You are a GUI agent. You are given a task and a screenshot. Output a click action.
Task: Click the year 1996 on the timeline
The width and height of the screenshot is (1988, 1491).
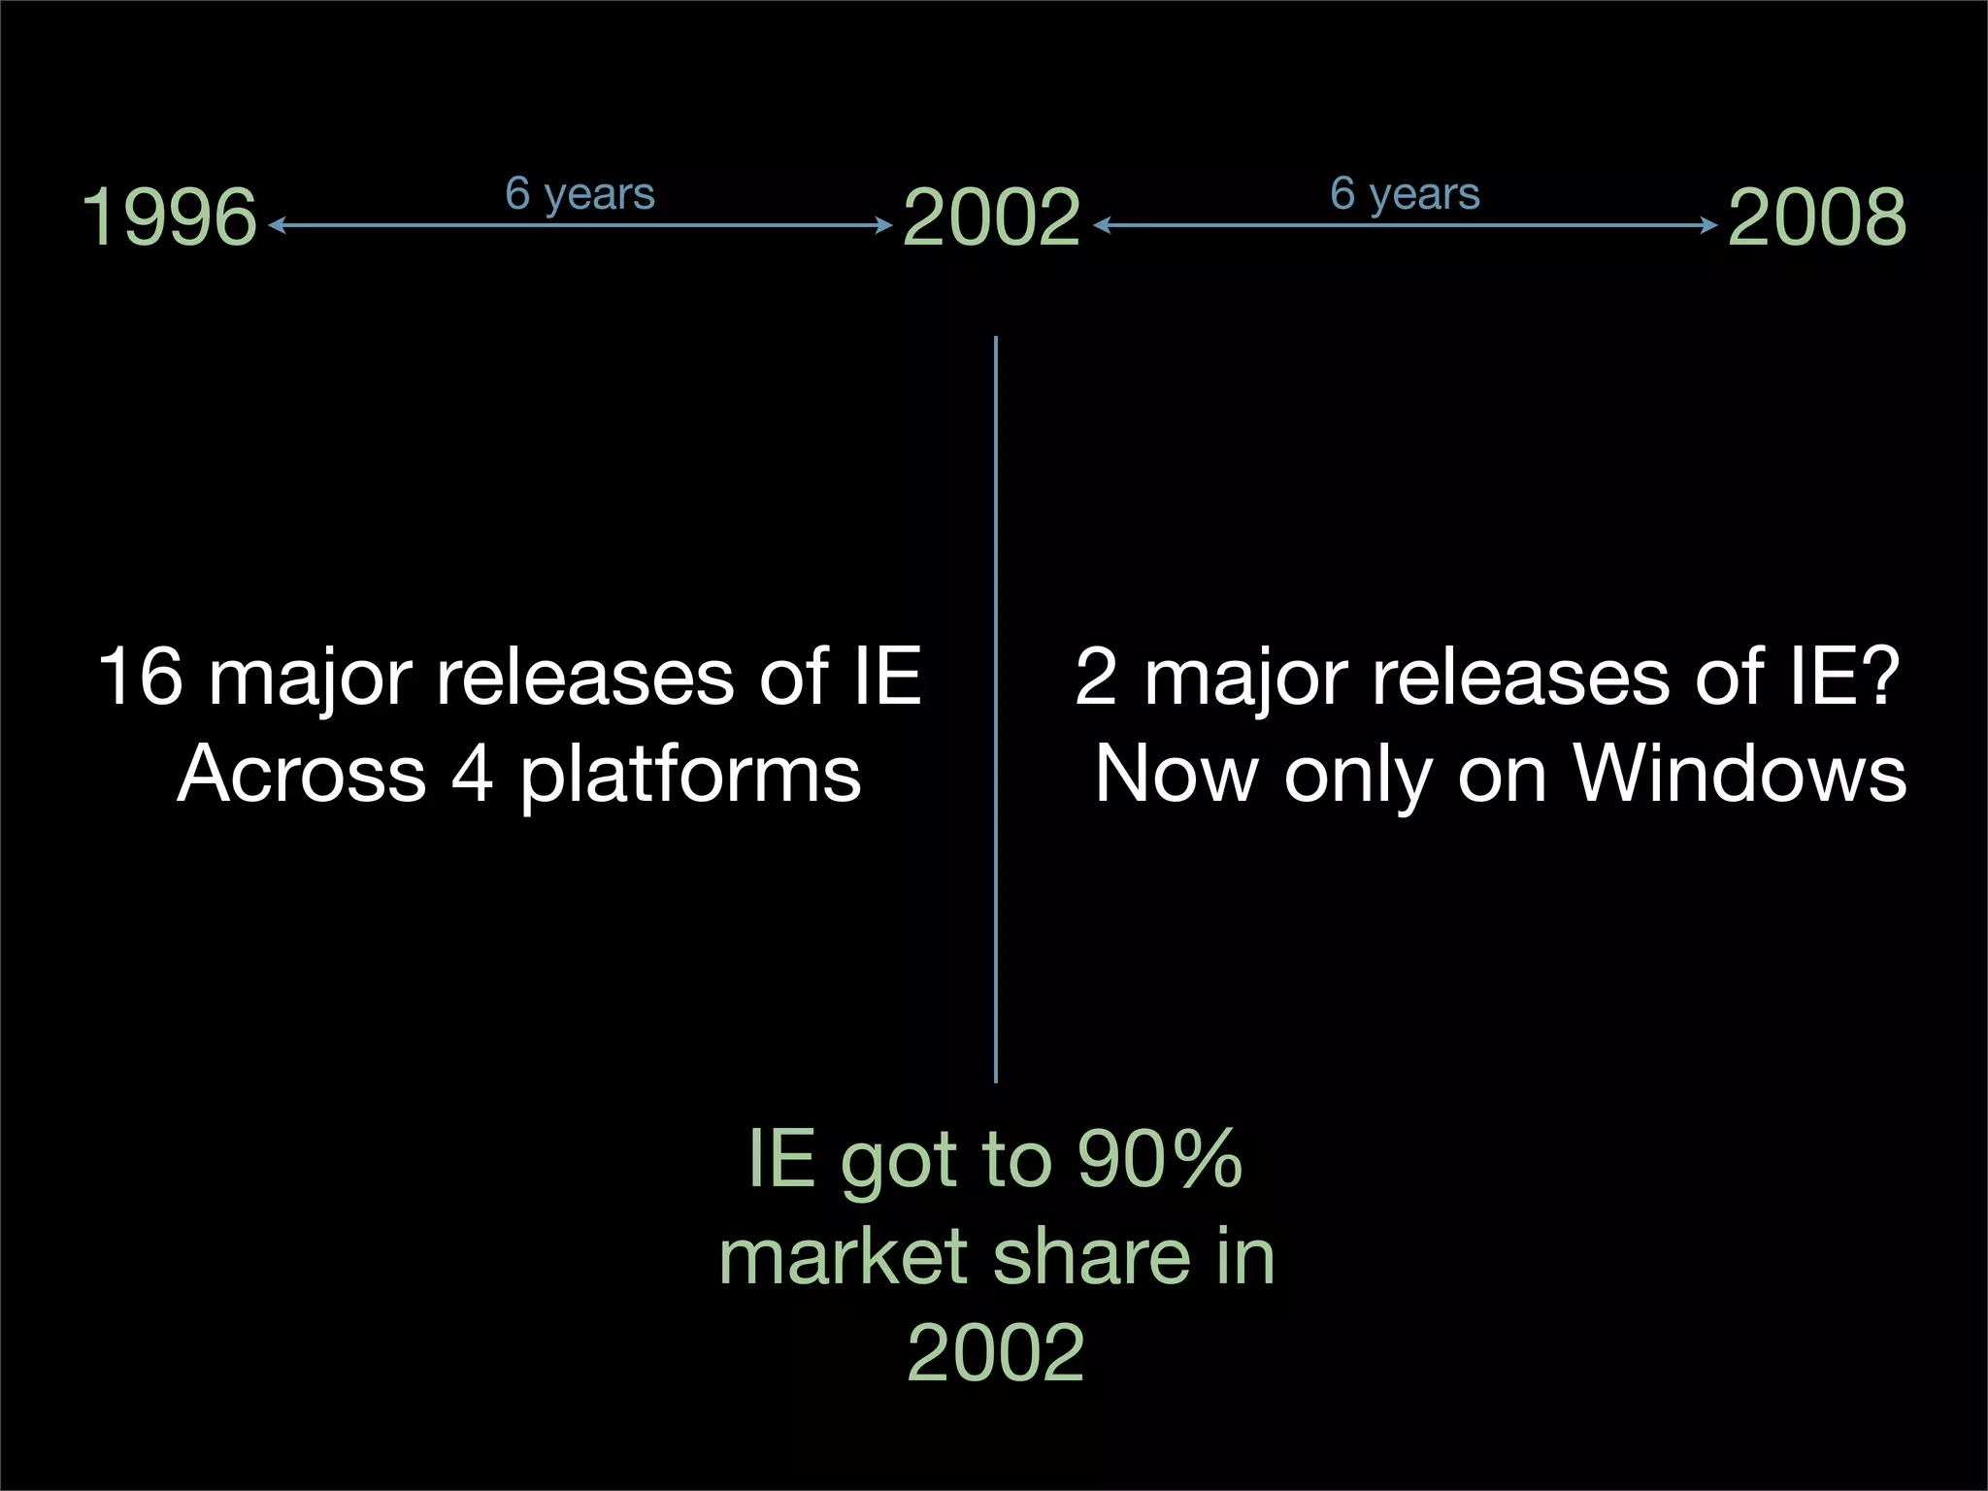coord(169,217)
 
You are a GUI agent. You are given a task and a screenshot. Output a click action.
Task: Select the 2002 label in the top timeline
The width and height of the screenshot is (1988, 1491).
coord(991,217)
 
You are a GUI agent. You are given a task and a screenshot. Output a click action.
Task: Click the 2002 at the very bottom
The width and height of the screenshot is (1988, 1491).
coord(995,1352)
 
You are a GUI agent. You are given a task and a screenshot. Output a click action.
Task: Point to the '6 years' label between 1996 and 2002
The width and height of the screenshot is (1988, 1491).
coord(580,194)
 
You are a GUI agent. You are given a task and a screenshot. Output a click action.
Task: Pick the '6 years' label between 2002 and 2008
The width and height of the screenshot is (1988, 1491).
coord(1405,194)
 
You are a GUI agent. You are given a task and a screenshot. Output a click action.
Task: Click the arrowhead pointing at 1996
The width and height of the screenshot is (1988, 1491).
coord(275,225)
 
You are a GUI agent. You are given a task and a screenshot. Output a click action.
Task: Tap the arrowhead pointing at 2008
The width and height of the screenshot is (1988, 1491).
coord(1710,225)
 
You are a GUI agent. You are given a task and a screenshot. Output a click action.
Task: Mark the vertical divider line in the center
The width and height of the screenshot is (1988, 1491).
coord(996,709)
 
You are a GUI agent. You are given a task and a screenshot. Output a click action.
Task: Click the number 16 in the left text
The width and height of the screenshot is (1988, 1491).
coord(141,677)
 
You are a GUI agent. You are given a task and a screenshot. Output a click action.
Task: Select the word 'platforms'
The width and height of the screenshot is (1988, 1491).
coord(690,777)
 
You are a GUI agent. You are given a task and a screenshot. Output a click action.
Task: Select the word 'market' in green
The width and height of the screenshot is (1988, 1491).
coord(844,1256)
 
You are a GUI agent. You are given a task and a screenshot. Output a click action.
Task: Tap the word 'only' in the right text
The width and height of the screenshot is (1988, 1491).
coord(1357,777)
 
